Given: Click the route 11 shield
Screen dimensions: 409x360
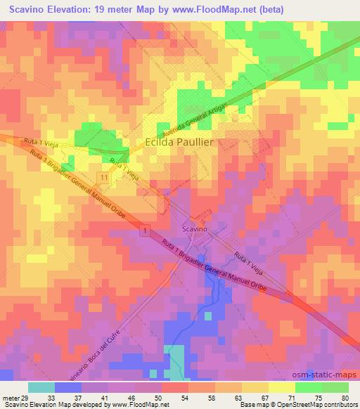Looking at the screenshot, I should [104, 180].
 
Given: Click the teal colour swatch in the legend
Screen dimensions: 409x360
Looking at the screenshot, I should [41, 387].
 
